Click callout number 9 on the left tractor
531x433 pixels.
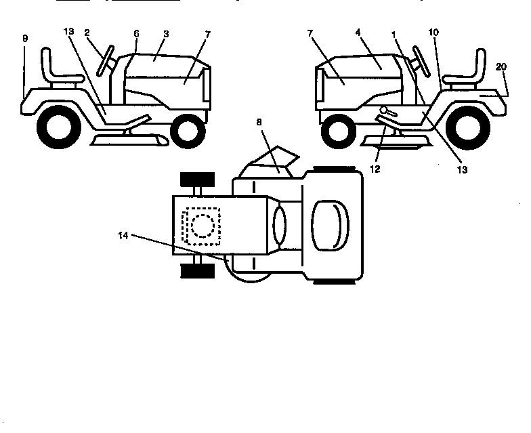coord(25,39)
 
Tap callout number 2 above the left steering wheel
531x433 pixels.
coord(87,32)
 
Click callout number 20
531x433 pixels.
coord(501,66)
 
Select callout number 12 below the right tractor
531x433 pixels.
coord(375,168)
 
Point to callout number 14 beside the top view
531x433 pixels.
coord(123,235)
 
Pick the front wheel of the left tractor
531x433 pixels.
coord(188,131)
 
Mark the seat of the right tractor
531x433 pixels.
coord(467,68)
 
